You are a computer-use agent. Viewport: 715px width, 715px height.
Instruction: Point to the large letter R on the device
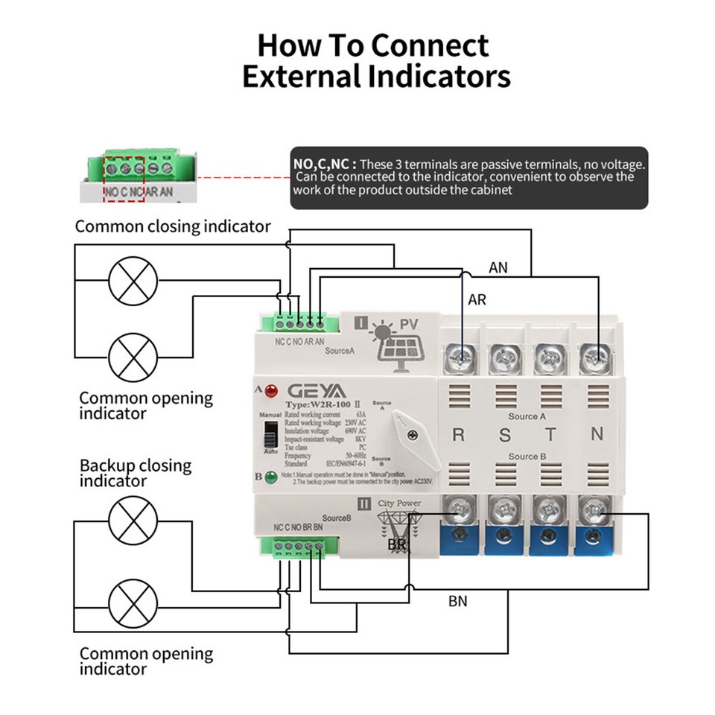tap(458, 435)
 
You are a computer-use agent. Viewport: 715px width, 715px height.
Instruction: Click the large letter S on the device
tap(504, 435)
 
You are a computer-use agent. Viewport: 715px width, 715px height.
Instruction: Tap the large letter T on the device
tap(550, 435)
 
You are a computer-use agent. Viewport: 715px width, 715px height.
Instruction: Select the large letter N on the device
tap(596, 435)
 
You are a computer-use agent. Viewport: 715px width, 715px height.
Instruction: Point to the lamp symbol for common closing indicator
tap(133, 281)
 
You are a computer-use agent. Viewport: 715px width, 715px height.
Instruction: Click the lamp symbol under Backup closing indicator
tap(133, 521)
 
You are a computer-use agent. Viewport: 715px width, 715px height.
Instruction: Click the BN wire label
tap(458, 600)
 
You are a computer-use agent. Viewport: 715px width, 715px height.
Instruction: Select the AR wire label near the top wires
tap(477, 300)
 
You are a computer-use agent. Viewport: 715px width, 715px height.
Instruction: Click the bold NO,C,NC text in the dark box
tap(325, 164)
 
